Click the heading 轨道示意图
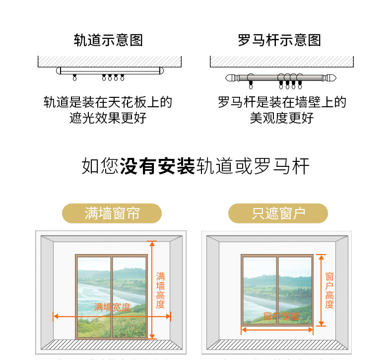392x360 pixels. pyautogui.click(x=108, y=40)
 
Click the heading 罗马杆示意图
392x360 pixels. pyautogui.click(x=279, y=40)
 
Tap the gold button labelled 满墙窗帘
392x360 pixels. pyautogui.click(x=112, y=214)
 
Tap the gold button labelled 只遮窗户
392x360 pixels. pyautogui.click(x=278, y=214)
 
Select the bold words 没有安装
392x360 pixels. pyautogui.click(x=157, y=166)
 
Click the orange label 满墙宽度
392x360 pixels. pyautogui.click(x=112, y=307)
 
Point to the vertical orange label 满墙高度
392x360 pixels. pyautogui.click(x=160, y=290)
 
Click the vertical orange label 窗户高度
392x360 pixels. pyautogui.click(x=329, y=290)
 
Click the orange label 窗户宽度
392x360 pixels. pyautogui.click(x=281, y=316)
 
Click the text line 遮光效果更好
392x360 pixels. pyautogui.click(x=108, y=118)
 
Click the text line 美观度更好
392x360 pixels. pyautogui.click(x=282, y=118)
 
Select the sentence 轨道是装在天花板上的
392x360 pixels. pyautogui.click(x=108, y=103)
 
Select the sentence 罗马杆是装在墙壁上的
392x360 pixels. pyautogui.click(x=282, y=103)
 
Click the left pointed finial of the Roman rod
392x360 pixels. pyautogui.click(x=230, y=78)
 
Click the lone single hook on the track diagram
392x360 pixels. pyautogui.click(x=75, y=78)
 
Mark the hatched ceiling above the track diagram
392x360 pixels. pyautogui.click(x=108, y=62)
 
